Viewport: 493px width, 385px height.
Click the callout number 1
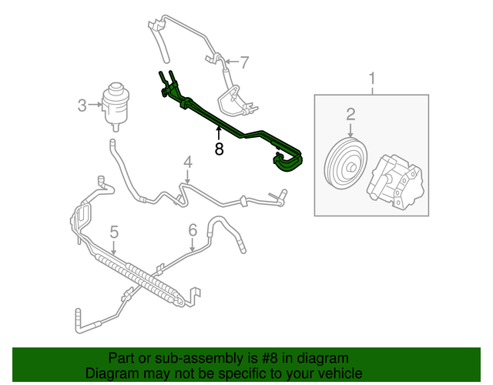(x=373, y=78)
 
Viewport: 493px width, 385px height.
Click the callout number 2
(x=350, y=115)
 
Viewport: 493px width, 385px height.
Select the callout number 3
(x=82, y=105)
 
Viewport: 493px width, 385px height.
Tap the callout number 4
(x=187, y=162)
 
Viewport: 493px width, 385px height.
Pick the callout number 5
(x=113, y=231)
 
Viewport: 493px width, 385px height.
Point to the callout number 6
(x=193, y=229)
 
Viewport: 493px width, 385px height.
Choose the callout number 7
(x=244, y=62)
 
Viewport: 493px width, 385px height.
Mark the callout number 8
(x=219, y=149)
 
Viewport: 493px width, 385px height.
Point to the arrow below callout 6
(x=193, y=245)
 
